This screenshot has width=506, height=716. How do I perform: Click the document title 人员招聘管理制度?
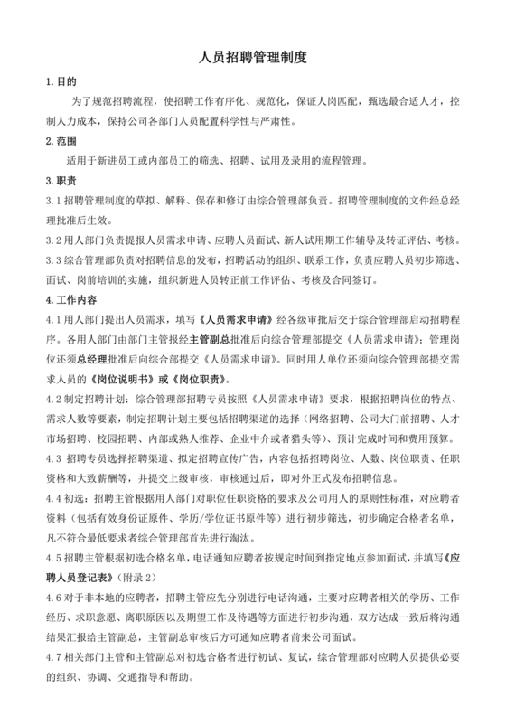[x=253, y=57]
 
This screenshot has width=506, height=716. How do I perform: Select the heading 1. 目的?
[x=61, y=81]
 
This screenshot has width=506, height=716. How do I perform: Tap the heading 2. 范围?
[x=61, y=141]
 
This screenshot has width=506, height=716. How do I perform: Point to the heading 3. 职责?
[x=61, y=181]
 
